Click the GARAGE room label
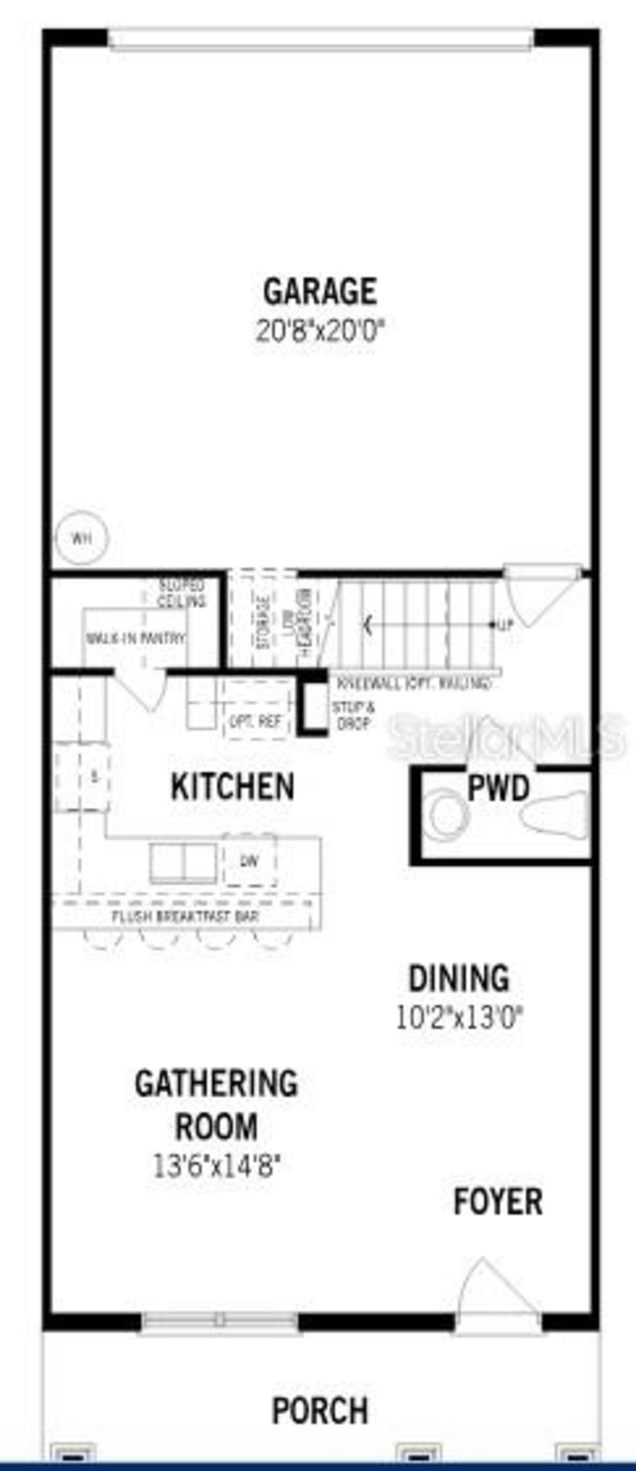(x=319, y=291)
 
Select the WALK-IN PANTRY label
(x=136, y=638)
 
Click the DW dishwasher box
(x=249, y=861)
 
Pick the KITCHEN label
(x=233, y=786)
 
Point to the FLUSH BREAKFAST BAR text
(x=185, y=917)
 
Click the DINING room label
(x=459, y=978)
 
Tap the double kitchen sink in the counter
(x=183, y=862)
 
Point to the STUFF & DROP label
(x=354, y=716)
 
